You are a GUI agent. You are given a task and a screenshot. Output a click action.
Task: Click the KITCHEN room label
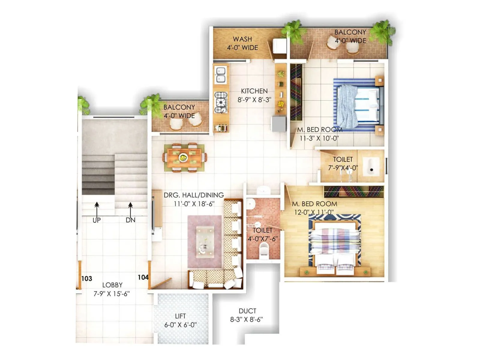(254, 91)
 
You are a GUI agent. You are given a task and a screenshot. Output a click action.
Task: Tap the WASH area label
(242, 39)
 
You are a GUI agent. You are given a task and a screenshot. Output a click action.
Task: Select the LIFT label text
(180, 316)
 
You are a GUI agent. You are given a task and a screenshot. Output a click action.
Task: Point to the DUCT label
(247, 311)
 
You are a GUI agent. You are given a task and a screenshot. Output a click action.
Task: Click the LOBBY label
(112, 285)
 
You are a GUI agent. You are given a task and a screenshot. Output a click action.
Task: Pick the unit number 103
(87, 279)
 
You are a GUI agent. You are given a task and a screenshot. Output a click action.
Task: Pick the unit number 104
(143, 277)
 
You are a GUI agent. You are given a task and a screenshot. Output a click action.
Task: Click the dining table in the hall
(184, 158)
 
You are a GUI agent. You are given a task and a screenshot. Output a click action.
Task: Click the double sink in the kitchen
(221, 75)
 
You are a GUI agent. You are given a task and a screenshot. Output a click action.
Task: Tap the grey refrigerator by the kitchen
(279, 124)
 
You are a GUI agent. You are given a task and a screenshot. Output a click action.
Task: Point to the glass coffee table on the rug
(205, 242)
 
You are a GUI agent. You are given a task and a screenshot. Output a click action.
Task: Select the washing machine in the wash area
(280, 46)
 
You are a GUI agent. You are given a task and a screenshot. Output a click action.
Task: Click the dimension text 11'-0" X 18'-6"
(194, 204)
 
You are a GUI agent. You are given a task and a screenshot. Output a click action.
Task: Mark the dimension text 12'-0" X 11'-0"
(314, 212)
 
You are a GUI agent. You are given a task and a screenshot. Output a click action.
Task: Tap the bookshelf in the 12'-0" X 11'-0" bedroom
(354, 191)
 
